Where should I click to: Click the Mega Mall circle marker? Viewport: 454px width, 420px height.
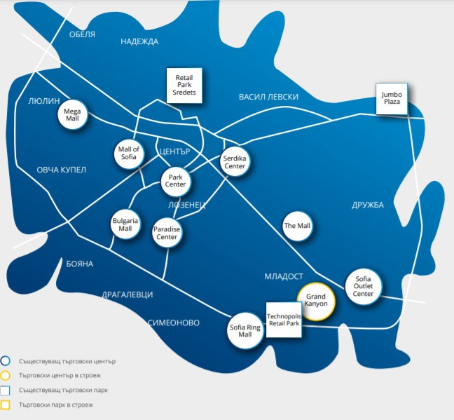click(73, 115)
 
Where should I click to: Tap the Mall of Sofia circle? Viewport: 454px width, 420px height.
click(130, 154)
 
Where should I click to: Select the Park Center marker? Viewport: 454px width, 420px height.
click(175, 182)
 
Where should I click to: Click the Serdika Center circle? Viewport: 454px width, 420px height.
click(235, 163)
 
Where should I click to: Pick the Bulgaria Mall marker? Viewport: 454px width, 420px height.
click(125, 225)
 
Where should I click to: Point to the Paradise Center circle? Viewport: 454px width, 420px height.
click(167, 233)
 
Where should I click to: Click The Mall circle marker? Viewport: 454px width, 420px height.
click(296, 226)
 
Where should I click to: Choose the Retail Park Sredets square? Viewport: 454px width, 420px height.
click(184, 85)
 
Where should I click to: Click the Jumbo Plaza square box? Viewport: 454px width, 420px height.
click(391, 97)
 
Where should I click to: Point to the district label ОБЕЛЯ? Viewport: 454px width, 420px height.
click(82, 34)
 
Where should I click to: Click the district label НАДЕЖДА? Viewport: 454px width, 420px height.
click(139, 41)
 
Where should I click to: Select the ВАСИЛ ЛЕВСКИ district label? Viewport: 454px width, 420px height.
click(268, 97)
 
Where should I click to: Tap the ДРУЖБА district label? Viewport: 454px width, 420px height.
click(368, 205)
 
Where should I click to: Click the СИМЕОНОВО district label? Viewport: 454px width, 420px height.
click(174, 323)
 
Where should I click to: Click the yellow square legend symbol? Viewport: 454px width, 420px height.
click(6, 405)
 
